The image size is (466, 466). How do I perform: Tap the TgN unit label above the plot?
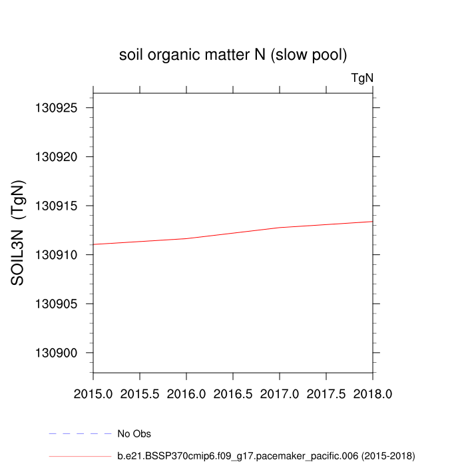point(362,78)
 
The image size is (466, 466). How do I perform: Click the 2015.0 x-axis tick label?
point(93,394)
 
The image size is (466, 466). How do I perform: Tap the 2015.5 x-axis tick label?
point(140,394)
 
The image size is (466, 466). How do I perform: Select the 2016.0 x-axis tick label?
point(186,394)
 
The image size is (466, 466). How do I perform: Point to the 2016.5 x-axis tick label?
point(233,394)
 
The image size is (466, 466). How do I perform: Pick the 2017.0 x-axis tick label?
point(280,394)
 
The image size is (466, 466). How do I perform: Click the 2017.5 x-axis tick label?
point(326,394)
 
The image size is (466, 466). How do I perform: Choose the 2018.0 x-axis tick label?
point(373,394)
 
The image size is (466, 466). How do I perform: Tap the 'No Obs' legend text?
point(134,434)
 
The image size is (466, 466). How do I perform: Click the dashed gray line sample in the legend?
point(80,434)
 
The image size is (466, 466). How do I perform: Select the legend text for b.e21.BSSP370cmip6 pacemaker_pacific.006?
point(266,456)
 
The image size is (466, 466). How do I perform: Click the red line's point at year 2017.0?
point(280,228)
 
